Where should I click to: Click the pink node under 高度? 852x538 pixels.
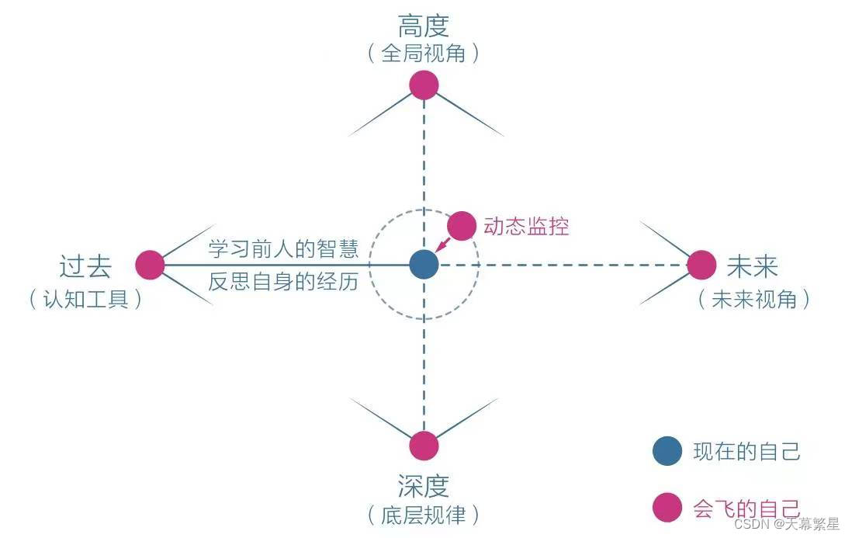point(424,84)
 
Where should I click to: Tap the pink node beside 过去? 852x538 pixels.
point(150,265)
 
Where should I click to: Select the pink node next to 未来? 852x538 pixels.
point(701,265)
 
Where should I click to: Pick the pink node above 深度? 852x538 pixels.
point(424,446)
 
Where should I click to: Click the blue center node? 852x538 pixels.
point(424,265)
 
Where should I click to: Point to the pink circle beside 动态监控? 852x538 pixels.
point(462,225)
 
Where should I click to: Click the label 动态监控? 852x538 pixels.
point(526,226)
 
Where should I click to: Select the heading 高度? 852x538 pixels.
point(424,26)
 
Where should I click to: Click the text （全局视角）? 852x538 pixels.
point(424,54)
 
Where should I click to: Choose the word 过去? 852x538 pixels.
point(85,266)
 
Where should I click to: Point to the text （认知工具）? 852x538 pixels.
point(85,299)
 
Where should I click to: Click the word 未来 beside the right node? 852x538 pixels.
point(752,266)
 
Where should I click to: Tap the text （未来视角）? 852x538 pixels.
point(753,299)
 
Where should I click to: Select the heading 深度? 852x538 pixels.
point(424,486)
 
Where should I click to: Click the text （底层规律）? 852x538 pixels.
point(424,514)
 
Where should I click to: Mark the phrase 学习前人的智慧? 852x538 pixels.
point(283,248)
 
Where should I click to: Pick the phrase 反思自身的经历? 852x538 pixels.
point(283,281)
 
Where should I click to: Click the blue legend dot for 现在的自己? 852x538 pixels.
point(667,451)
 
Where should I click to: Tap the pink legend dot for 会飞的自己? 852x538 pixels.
point(667,508)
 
